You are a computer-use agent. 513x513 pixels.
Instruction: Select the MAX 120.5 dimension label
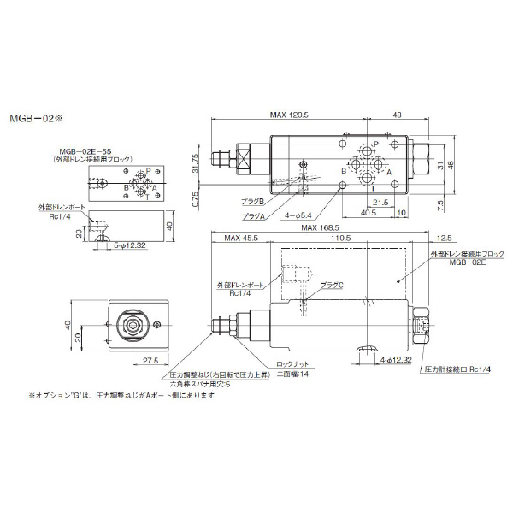290,114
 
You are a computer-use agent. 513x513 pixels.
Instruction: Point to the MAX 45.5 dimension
238,238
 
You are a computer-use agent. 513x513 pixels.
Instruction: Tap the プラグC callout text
330,283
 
